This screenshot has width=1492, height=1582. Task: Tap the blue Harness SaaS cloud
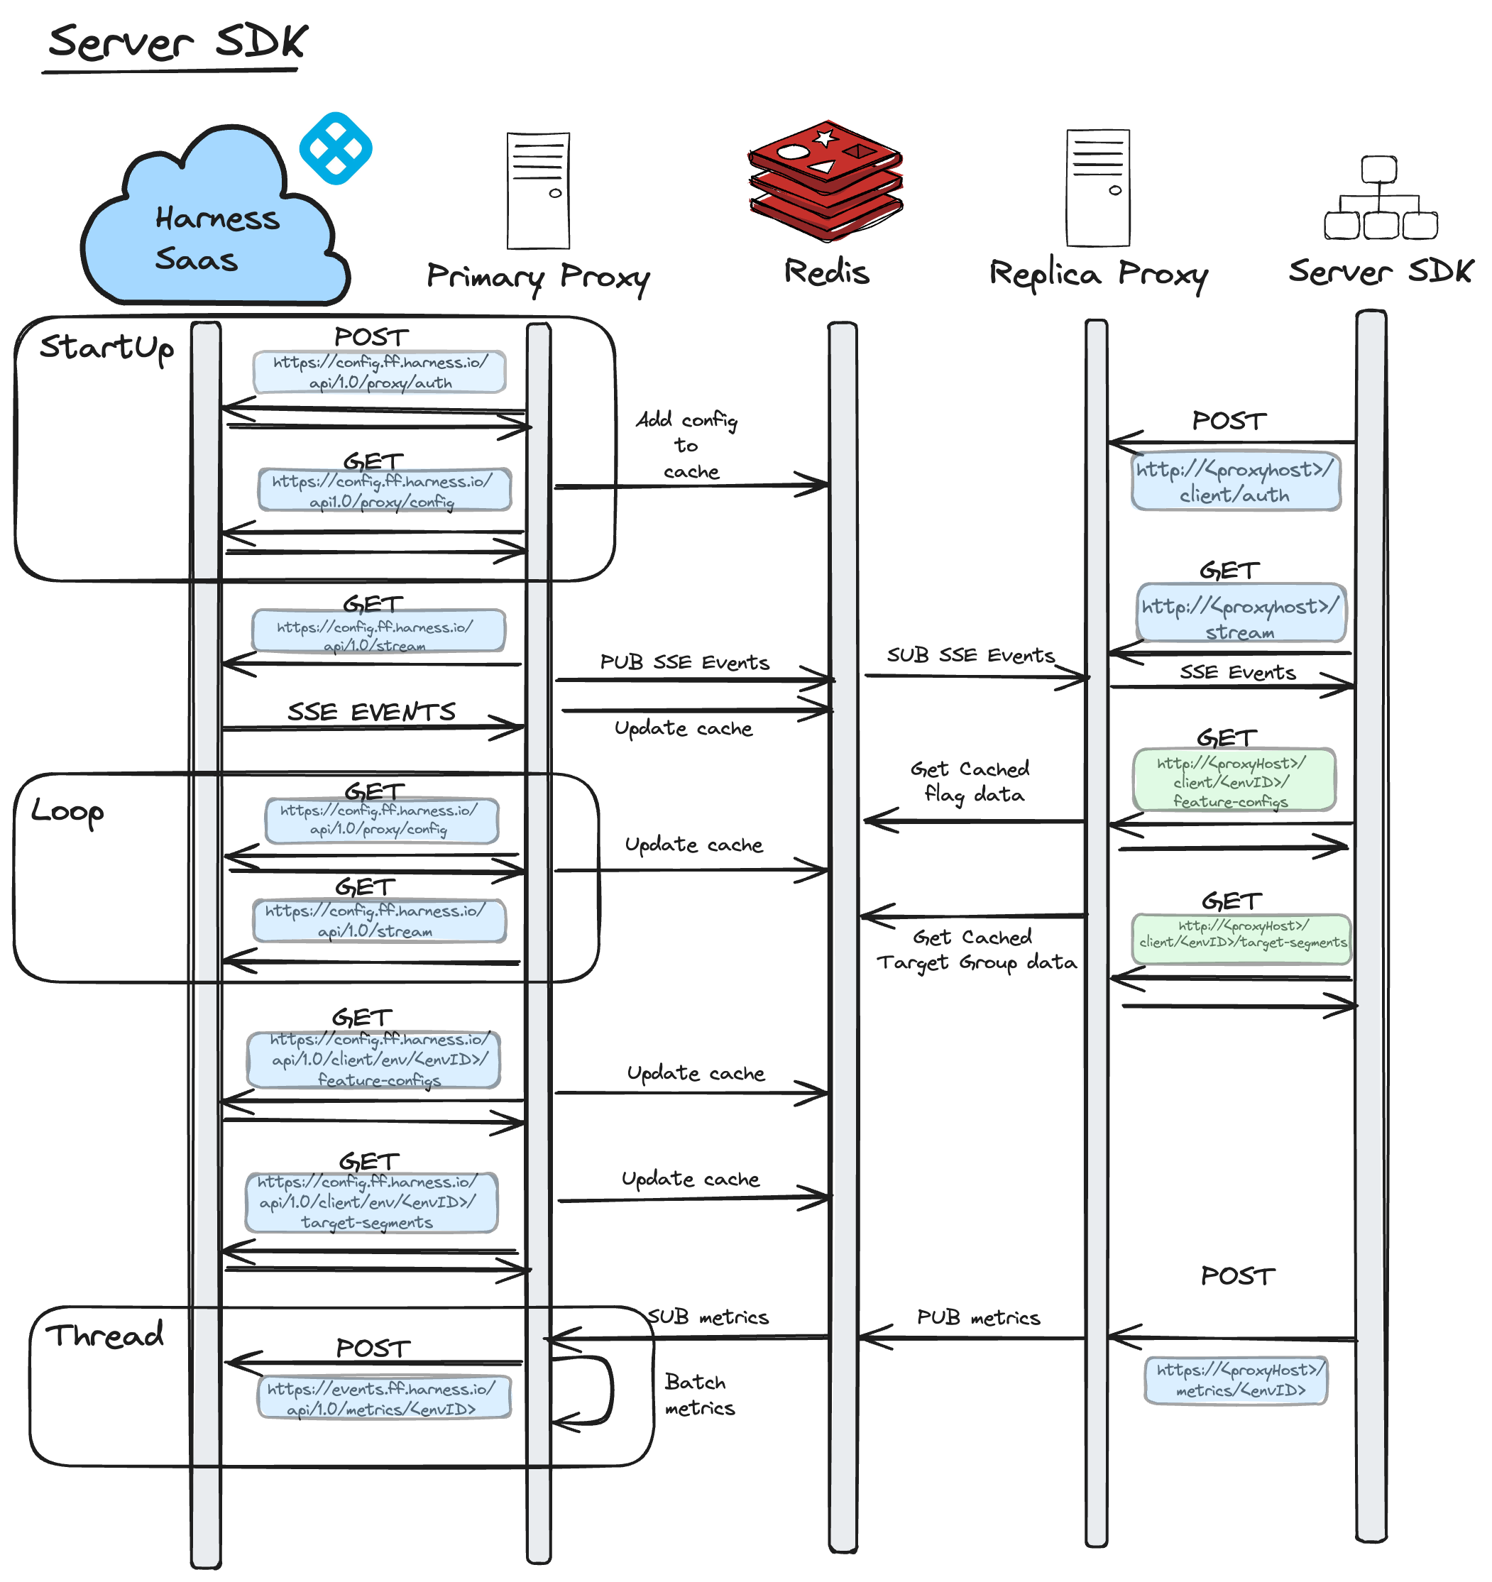pyautogui.click(x=215, y=231)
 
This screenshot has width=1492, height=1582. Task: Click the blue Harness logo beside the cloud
pyautogui.click(x=335, y=149)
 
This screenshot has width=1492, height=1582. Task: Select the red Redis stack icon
pyautogui.click(x=825, y=182)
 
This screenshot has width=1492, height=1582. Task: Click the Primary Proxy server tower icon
pyautogui.click(x=539, y=191)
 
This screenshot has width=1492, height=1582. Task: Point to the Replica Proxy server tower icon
pyautogui.click(x=1098, y=189)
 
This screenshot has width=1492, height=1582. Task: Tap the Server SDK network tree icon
pyautogui.click(x=1380, y=199)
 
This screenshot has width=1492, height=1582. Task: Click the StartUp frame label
pyautogui.click(x=106, y=348)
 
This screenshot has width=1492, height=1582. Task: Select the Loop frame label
pyautogui.click(x=67, y=812)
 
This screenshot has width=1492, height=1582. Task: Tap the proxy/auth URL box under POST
pyautogui.click(x=380, y=373)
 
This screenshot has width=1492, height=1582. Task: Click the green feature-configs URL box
pyautogui.click(x=1233, y=781)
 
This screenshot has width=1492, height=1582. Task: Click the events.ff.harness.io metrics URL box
pyautogui.click(x=383, y=1399)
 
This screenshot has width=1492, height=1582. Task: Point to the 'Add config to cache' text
pyautogui.click(x=688, y=446)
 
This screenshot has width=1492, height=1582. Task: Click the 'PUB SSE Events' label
pyautogui.click(x=684, y=663)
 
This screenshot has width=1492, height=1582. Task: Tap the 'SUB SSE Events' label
pyautogui.click(x=970, y=656)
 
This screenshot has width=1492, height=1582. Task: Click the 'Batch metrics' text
pyautogui.click(x=698, y=1395)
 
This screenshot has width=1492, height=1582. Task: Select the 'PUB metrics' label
pyautogui.click(x=978, y=1318)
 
